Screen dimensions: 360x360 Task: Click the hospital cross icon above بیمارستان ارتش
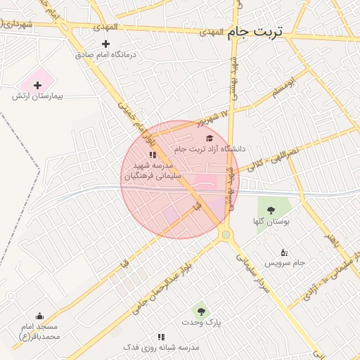click(38, 85)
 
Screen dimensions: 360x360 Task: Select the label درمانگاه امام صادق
click(106, 54)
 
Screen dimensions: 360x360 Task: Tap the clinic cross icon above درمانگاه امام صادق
click(106, 44)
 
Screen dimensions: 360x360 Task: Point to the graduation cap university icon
click(209, 139)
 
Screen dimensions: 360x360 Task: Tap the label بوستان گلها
click(271, 221)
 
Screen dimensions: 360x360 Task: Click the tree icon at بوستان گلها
click(270, 210)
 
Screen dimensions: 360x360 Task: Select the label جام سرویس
click(285, 263)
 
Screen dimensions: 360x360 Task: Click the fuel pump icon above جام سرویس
click(284, 252)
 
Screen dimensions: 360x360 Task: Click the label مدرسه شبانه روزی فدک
click(161, 347)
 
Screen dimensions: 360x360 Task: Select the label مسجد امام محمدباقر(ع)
click(39, 331)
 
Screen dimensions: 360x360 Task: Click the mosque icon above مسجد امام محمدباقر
click(39, 316)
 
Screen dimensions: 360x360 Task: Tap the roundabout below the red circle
click(225, 234)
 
